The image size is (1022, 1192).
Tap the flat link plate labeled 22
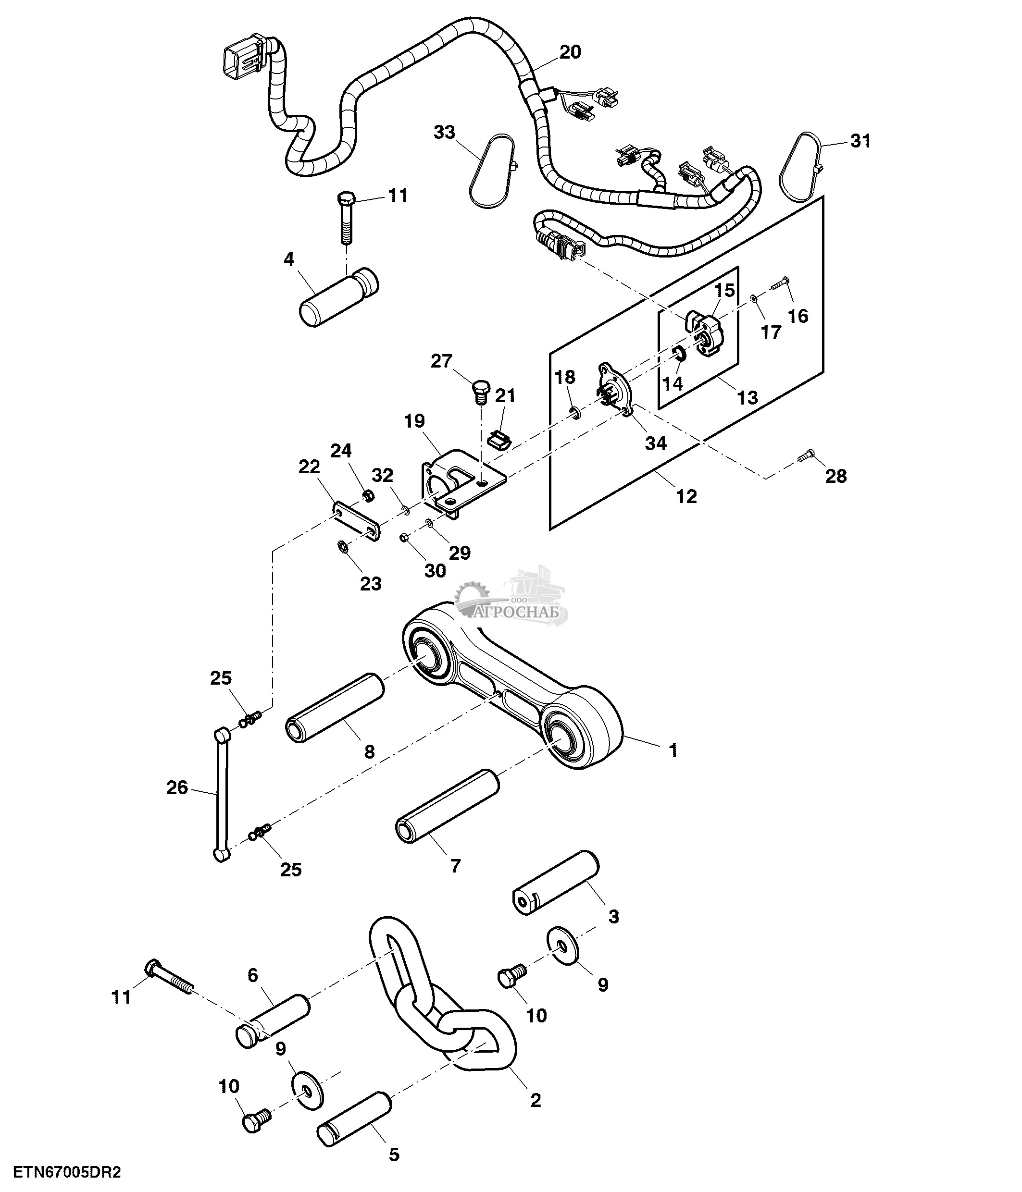pyautogui.click(x=357, y=521)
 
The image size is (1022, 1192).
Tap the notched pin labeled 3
pyautogui.click(x=556, y=881)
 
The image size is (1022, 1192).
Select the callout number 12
pyautogui.click(x=686, y=496)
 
